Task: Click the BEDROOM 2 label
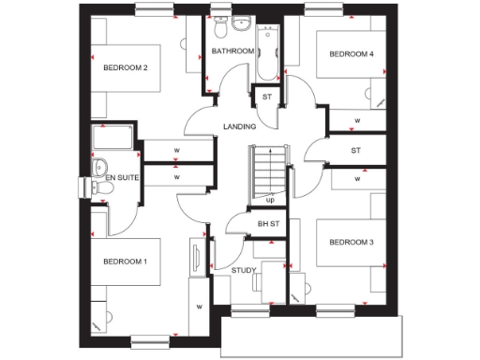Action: pos(127,67)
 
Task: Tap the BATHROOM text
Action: pos(232,51)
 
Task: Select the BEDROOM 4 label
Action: pos(351,54)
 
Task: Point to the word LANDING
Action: pos(239,126)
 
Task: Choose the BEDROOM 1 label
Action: pos(126,261)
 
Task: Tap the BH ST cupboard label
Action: pos(269,224)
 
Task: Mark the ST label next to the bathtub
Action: pos(266,97)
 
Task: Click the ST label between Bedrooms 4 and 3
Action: pos(356,149)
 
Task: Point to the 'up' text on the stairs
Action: pos(270,199)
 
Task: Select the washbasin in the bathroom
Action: pos(242,22)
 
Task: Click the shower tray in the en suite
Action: pos(113,140)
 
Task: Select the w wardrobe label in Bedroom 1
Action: pos(199,306)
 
